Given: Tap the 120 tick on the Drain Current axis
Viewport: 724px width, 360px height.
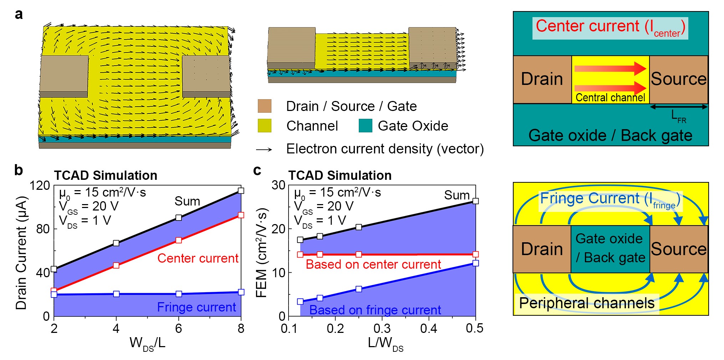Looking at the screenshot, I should coord(40,186).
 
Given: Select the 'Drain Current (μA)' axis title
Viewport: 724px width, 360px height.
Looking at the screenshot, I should coord(21,252).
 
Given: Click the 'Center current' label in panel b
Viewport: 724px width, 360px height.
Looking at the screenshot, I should coord(198,258).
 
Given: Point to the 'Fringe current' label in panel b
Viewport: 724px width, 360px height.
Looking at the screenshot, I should coord(197,307).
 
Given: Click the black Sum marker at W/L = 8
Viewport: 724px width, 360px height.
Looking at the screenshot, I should coord(241,191).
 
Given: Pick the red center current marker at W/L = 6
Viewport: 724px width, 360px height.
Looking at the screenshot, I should coord(179,240).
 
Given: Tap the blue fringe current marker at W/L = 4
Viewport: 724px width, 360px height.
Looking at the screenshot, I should coord(116,294).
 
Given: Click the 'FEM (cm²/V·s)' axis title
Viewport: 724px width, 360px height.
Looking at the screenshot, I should coord(262,252).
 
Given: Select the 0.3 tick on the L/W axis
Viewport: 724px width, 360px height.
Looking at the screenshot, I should coord(382,329).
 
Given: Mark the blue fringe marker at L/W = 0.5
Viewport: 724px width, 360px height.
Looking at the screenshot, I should coord(475,263).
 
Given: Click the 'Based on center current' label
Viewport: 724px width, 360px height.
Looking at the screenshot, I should coord(373,264).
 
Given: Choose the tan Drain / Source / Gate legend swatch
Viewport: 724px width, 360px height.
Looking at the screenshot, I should coord(265,106).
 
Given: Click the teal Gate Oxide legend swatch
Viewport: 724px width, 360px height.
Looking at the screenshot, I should coord(366,126).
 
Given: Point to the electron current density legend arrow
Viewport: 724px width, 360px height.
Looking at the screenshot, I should coord(264,149).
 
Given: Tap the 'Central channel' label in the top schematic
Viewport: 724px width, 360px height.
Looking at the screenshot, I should coord(610,98).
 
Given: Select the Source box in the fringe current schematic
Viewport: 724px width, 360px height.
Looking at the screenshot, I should coord(679,249).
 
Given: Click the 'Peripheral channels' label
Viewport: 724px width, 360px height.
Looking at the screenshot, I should coord(587,303).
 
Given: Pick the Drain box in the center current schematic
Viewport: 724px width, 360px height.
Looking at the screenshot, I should coord(542,79).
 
